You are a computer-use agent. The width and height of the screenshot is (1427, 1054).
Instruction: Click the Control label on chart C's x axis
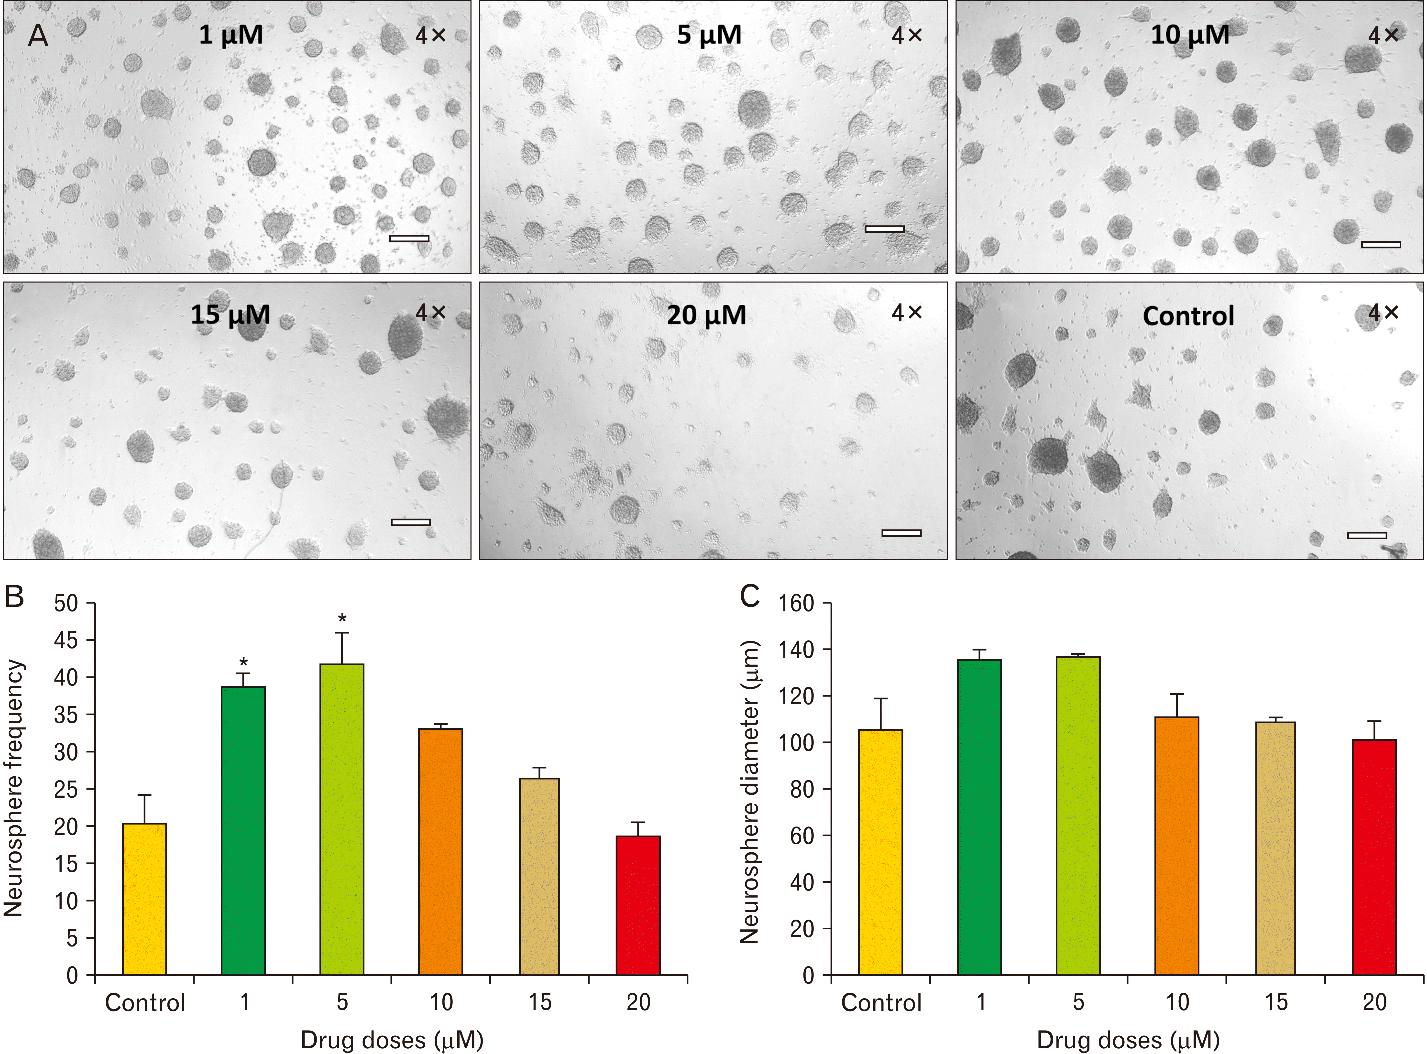coord(881,1003)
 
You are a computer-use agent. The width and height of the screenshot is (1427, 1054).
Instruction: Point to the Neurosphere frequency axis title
coord(14,788)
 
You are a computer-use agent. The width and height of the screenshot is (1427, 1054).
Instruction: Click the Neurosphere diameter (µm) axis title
coord(750,791)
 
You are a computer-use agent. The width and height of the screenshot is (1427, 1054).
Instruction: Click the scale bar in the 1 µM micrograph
coord(409,239)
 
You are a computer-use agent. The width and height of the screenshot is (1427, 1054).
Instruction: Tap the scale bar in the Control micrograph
coord(1367,535)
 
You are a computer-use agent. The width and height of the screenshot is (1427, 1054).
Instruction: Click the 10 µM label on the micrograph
coord(1190,34)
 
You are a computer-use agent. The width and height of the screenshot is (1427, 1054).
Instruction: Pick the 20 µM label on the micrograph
coord(706,315)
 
